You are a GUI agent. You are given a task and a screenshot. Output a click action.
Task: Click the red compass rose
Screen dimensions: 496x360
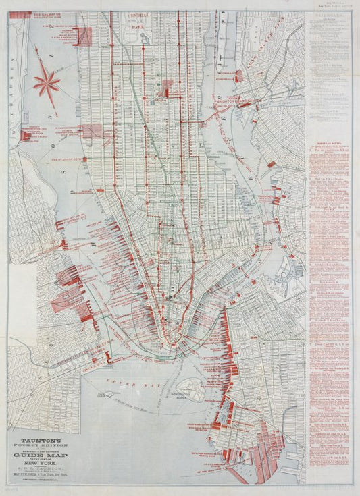pos(47,82)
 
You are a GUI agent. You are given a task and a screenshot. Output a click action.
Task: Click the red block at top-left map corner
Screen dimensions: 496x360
pos(84,36)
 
